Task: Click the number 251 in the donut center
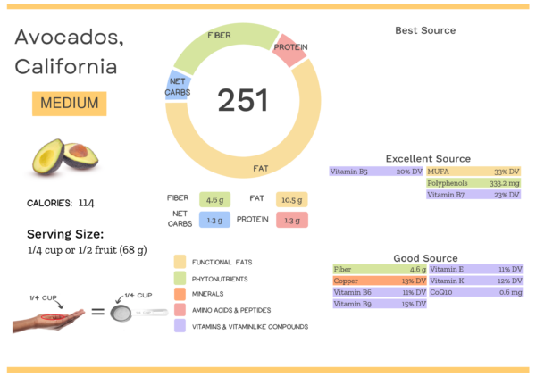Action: (x=243, y=100)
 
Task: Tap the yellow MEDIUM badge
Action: (x=69, y=103)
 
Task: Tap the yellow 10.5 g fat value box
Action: (x=292, y=198)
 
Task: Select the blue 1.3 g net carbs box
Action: (x=214, y=220)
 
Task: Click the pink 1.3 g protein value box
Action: (x=292, y=220)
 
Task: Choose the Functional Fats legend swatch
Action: (x=180, y=262)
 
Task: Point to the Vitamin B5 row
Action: (x=376, y=171)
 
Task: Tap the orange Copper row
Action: (x=379, y=281)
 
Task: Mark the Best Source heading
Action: (x=425, y=30)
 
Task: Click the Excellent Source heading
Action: (x=427, y=158)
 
